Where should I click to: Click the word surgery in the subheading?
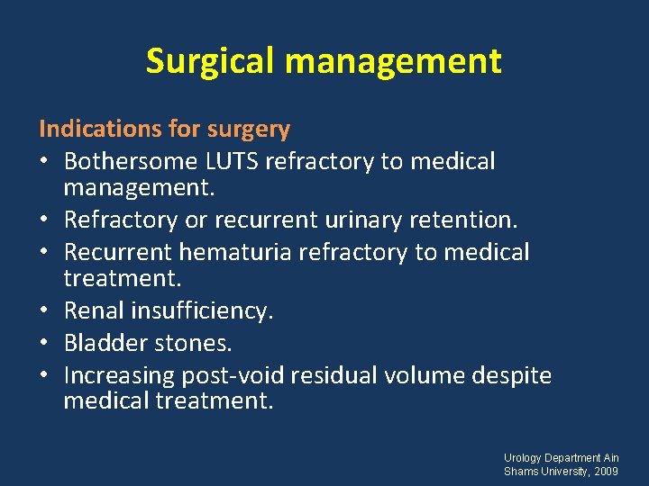pos(249,130)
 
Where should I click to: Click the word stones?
pos(192,343)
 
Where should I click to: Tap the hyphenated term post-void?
pos(234,375)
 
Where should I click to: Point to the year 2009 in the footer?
pos(606,472)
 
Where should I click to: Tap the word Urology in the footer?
pos(523,458)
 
